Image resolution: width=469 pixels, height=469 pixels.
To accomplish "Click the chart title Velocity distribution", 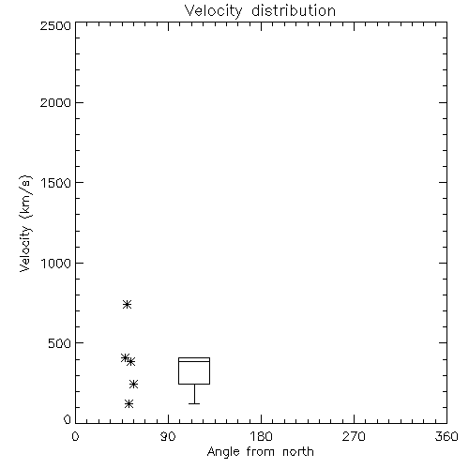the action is [x=260, y=10].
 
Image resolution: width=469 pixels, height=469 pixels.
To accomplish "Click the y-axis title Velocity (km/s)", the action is [x=25, y=223].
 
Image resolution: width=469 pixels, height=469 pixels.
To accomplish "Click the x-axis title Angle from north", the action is [x=260, y=452].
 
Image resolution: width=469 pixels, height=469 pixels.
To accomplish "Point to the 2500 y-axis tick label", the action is [x=55, y=25].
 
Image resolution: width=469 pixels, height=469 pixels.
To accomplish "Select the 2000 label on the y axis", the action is [x=55, y=102].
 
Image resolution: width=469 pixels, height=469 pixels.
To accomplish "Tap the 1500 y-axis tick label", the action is [x=56, y=183].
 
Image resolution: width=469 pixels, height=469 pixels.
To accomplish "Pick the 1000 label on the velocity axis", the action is [x=56, y=264].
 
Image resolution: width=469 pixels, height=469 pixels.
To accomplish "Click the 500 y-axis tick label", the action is [x=60, y=343].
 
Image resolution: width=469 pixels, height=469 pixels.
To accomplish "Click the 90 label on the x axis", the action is [x=168, y=436].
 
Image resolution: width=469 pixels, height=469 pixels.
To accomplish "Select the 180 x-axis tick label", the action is [x=261, y=436].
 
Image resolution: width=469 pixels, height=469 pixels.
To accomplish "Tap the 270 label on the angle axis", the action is [x=354, y=436].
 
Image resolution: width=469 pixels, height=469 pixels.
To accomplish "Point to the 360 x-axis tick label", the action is [x=446, y=436].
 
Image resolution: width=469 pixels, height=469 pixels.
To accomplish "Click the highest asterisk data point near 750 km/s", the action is [x=127, y=304].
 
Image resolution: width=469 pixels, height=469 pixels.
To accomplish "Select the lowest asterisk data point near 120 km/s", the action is [x=129, y=403].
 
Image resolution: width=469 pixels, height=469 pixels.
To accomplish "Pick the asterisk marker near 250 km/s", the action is [x=133, y=384].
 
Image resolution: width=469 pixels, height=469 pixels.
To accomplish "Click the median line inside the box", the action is [x=194, y=361].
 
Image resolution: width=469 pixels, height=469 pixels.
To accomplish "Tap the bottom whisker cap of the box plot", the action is [x=194, y=403].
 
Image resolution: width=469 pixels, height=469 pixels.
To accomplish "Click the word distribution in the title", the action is [x=294, y=10].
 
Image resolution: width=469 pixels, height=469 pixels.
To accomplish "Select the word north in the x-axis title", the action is [x=298, y=452].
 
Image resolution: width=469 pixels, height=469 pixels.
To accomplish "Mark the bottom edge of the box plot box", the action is [x=194, y=384].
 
